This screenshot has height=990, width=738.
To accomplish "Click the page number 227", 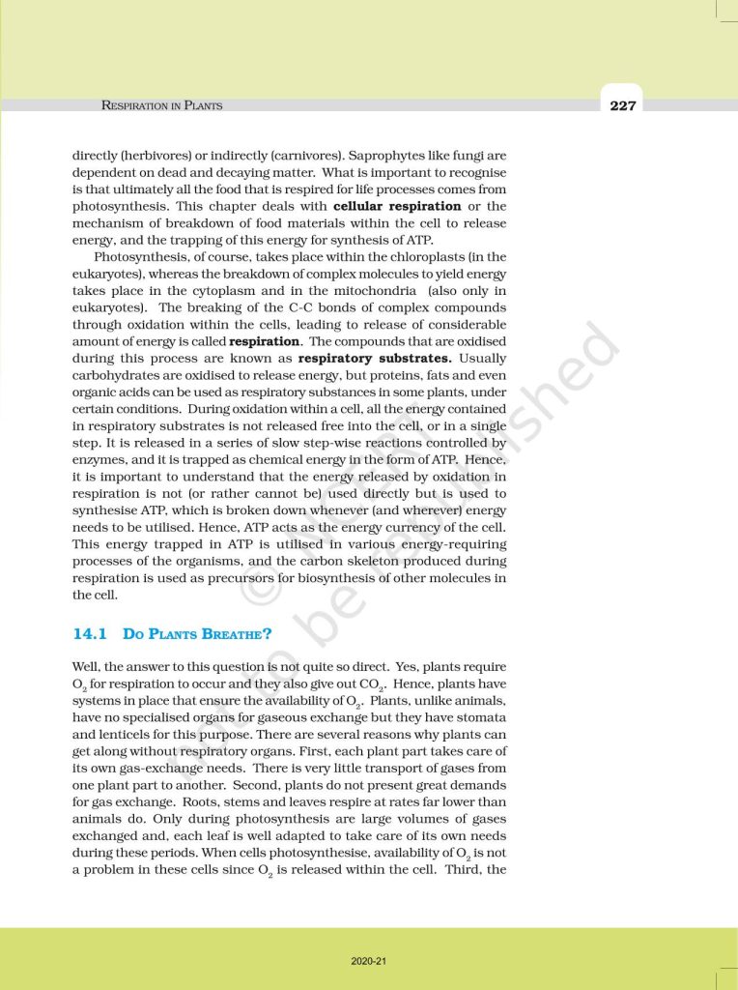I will [623, 105].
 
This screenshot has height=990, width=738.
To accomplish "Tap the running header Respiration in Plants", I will [161, 105].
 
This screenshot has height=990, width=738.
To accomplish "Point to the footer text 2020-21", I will [368, 961].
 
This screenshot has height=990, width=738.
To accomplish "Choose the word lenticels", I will [122, 726].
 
